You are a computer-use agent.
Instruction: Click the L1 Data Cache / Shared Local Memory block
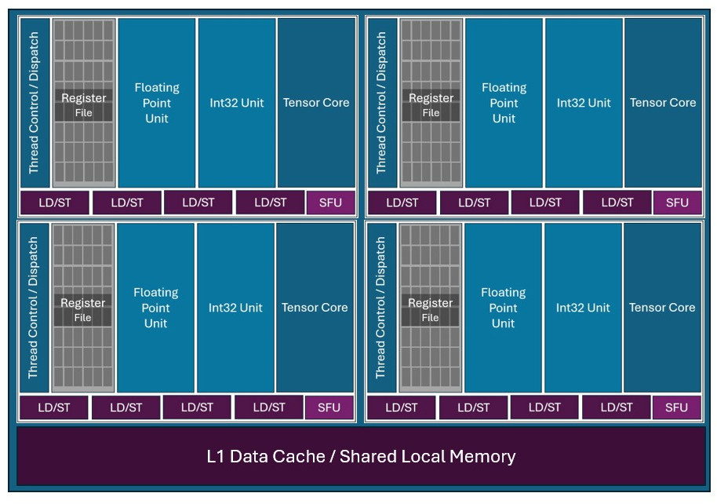(361, 456)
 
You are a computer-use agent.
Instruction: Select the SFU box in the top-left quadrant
(330, 203)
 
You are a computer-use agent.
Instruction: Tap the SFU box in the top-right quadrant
(677, 203)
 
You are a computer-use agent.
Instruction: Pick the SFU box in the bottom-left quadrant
(329, 407)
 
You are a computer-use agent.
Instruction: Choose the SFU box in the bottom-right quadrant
(676, 407)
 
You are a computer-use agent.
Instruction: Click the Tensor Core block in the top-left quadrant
(315, 103)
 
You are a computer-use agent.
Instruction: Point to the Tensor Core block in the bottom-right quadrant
(662, 308)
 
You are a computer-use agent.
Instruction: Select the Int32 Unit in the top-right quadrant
(584, 103)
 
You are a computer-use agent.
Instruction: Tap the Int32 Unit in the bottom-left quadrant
(235, 308)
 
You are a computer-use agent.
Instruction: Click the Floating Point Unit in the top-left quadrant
(157, 103)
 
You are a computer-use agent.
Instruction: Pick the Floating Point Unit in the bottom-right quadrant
(503, 308)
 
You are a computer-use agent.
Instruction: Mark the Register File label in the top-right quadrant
(431, 105)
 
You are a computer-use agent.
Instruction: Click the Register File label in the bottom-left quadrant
(83, 310)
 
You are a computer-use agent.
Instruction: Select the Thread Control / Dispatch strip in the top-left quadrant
(34, 103)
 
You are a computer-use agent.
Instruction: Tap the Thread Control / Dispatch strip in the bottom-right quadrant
(380, 308)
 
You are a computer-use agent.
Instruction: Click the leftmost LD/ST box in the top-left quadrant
(54, 203)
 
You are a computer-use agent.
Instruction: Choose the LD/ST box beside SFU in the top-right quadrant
(617, 203)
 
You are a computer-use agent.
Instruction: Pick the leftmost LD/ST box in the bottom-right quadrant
(401, 407)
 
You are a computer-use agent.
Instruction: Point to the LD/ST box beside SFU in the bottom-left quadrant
(269, 407)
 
